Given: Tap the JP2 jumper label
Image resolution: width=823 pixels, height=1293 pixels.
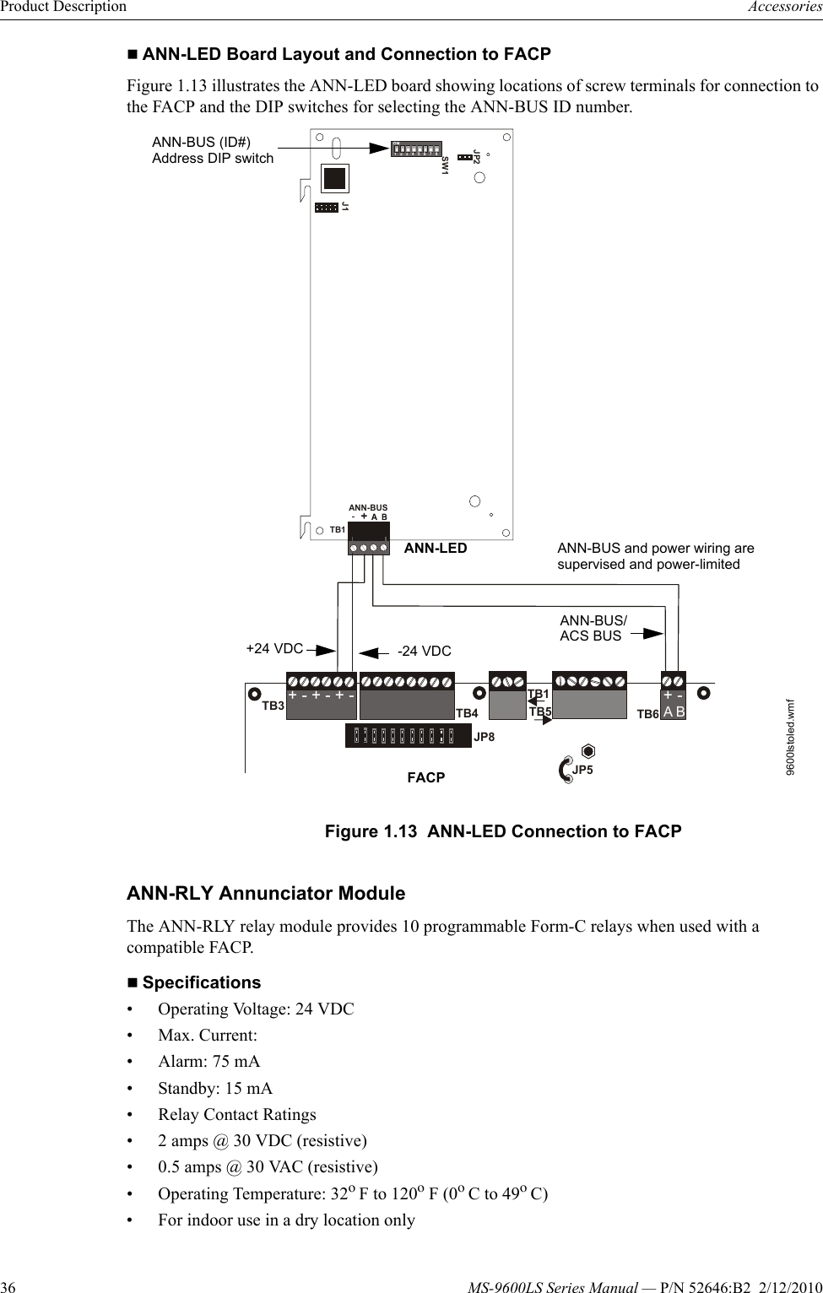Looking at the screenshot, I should [x=477, y=157].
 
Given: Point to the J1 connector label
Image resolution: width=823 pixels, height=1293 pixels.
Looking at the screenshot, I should [x=345, y=207].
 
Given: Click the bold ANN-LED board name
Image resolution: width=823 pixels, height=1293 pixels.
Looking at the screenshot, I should [x=436, y=549].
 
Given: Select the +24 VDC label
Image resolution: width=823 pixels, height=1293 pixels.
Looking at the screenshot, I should [x=274, y=649].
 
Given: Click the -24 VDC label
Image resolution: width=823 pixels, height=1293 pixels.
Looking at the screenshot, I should [x=425, y=652].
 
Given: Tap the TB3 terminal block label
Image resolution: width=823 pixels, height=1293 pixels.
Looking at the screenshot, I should [x=273, y=706].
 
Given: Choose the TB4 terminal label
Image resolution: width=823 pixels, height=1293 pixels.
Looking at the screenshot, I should [x=467, y=713].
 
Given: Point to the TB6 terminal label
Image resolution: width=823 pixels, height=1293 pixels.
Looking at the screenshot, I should [x=647, y=714].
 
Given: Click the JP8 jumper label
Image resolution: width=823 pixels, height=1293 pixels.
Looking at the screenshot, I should [x=484, y=737].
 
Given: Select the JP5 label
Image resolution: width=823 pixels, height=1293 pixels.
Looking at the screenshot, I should [x=582, y=770].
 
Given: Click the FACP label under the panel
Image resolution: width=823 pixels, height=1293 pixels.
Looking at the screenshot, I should [x=425, y=777].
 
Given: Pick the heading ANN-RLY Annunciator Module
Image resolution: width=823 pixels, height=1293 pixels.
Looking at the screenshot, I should [x=266, y=893].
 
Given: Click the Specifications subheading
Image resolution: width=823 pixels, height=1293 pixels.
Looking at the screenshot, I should [x=201, y=982].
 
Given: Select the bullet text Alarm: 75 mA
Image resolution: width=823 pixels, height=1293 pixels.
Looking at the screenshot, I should [x=208, y=1062].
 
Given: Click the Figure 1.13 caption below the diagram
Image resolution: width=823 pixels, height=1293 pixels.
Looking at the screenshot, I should [x=503, y=831].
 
